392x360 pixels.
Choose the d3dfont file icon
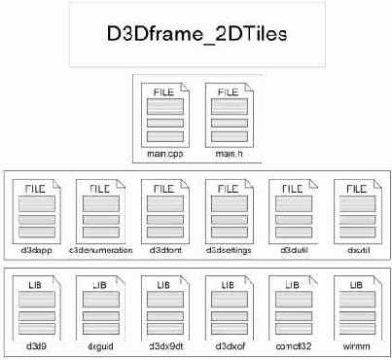(x=163, y=208)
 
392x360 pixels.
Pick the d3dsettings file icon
(x=228, y=208)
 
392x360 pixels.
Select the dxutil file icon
(x=355, y=208)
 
